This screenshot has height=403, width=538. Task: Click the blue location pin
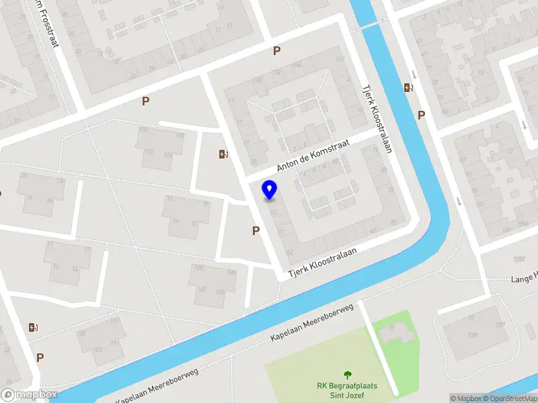click(x=269, y=189)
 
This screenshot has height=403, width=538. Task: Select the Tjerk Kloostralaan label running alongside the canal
click(x=377, y=118)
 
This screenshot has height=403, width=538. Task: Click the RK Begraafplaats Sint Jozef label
click(x=347, y=390)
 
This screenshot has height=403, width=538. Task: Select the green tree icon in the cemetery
click(x=347, y=375)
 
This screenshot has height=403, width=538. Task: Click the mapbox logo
click(x=30, y=394)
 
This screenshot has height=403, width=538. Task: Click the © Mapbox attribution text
click(x=465, y=398)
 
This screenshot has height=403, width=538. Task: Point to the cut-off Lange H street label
click(x=525, y=277)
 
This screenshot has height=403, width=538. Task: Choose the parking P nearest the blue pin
click(x=256, y=230)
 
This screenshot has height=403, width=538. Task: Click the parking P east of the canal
click(x=421, y=115)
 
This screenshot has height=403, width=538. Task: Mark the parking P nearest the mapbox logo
click(x=40, y=358)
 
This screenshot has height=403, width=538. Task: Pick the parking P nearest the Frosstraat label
click(x=145, y=101)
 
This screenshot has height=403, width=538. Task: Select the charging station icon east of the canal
click(x=408, y=87)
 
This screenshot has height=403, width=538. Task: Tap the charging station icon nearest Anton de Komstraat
click(x=223, y=154)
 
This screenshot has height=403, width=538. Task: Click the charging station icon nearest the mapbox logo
click(x=33, y=327)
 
